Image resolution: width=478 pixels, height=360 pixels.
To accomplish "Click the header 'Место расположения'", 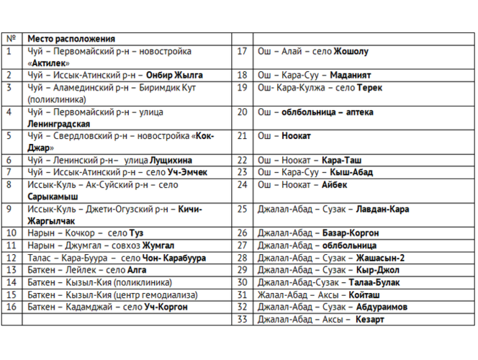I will (71, 39).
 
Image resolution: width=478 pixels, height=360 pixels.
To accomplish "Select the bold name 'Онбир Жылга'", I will (174, 75).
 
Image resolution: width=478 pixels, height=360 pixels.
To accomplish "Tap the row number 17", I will (242, 51).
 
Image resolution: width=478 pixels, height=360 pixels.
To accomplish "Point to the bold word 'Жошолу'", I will (352, 51).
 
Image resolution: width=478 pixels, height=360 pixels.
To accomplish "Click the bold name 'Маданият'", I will (351, 75).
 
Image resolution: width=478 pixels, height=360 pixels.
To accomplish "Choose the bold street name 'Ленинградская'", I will (59, 123).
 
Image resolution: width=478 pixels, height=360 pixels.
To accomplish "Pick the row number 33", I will (242, 318).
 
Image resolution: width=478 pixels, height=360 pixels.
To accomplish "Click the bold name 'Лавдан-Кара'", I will (382, 209).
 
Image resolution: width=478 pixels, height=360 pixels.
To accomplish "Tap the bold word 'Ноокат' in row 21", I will (297, 135).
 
